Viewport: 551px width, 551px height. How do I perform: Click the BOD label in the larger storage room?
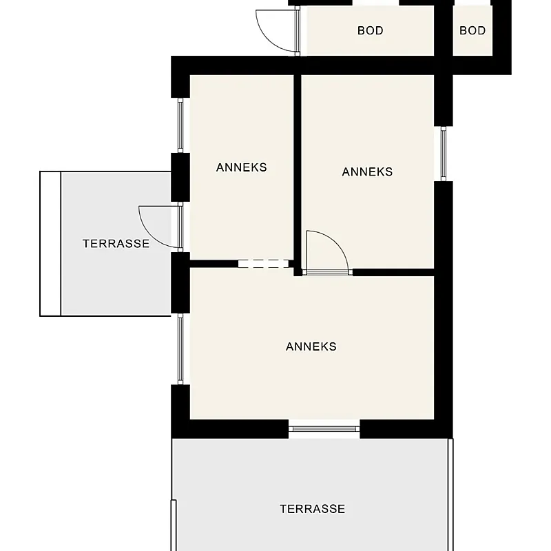point(370,30)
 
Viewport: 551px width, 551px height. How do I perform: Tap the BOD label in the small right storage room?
point(472,30)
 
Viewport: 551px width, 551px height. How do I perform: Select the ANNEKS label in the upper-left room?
point(242,167)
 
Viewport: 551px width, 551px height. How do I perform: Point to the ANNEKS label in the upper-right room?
point(367,171)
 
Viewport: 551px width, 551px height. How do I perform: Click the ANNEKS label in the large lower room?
point(311,346)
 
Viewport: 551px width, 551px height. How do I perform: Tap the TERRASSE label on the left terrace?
point(116,244)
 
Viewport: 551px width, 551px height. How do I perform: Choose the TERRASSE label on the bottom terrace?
point(313,509)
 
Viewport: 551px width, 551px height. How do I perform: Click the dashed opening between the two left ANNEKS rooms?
point(264,264)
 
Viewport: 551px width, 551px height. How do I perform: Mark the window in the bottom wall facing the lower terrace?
point(324,428)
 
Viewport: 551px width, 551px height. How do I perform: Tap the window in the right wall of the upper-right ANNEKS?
point(444,154)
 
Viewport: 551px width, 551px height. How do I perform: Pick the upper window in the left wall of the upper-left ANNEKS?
point(180,125)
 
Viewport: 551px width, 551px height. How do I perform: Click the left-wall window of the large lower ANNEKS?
point(180,349)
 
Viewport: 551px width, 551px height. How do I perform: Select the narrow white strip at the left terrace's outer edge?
point(50,244)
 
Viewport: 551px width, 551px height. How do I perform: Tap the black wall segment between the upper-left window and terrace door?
point(180,177)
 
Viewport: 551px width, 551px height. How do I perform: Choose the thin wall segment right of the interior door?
point(393,272)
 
